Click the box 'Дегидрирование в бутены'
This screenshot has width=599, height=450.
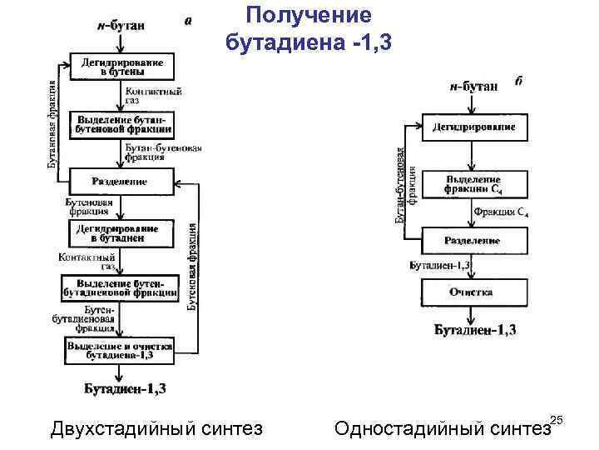[x=121, y=67]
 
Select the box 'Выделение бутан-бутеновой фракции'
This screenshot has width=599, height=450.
[x=121, y=124]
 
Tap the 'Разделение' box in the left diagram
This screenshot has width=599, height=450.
[x=121, y=181]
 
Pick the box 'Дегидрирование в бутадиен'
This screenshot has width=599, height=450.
[x=121, y=232]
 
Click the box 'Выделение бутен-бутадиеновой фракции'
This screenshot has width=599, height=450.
[x=121, y=287]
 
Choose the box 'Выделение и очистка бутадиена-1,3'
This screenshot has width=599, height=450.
[x=121, y=350]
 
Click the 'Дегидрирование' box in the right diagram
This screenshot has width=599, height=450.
[x=473, y=128]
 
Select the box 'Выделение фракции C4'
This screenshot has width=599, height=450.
[x=473, y=184]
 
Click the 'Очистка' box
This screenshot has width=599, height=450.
[x=473, y=292]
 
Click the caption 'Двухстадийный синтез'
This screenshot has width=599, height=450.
[x=156, y=428]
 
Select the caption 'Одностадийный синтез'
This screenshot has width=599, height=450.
[x=441, y=428]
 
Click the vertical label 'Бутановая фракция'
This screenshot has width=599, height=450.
[x=52, y=123]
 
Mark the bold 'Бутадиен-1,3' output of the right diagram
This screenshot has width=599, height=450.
[x=475, y=331]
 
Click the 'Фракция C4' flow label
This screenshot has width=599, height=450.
[x=501, y=212]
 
